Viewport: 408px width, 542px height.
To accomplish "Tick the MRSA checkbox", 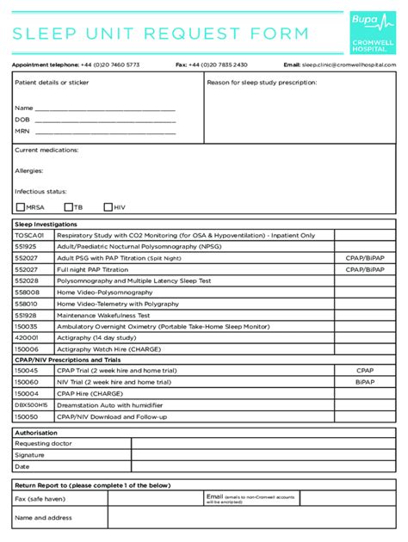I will point(21,206).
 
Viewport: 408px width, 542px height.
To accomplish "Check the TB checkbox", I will point(68,206).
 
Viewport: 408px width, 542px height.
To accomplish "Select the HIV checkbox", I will point(108,206).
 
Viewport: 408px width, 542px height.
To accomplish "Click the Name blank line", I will point(105,109).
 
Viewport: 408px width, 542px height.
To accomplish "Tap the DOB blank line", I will point(105,120).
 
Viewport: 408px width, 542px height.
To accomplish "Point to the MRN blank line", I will point(105,132).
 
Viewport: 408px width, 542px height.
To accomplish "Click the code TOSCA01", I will point(29,235).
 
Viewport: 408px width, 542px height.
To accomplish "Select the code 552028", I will point(27,280).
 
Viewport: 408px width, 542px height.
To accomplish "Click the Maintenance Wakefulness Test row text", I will point(103,315).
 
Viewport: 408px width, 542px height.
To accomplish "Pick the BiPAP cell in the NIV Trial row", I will point(364,381).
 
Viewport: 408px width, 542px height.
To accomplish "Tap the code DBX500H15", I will point(31,404).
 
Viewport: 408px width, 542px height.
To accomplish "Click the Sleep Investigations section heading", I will point(46,224).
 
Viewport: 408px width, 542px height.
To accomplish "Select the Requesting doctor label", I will point(44,443).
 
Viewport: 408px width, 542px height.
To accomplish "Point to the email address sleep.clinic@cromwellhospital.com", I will point(349,65).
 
